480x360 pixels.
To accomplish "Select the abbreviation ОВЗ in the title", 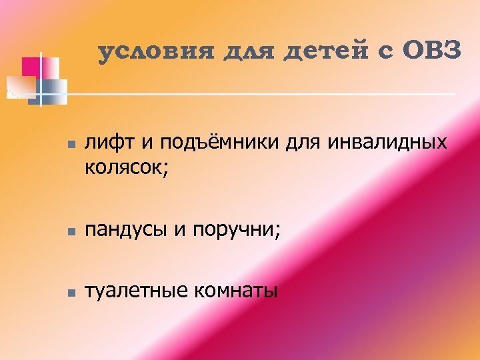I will click(x=431, y=51).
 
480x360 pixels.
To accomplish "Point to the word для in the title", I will click(x=250, y=52).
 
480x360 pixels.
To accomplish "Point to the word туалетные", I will click(x=135, y=291).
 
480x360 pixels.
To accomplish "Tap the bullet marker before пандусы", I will click(x=71, y=231).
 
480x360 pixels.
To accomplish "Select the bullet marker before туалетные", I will click(x=71, y=292).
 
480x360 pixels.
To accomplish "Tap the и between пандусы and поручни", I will click(x=179, y=231).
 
